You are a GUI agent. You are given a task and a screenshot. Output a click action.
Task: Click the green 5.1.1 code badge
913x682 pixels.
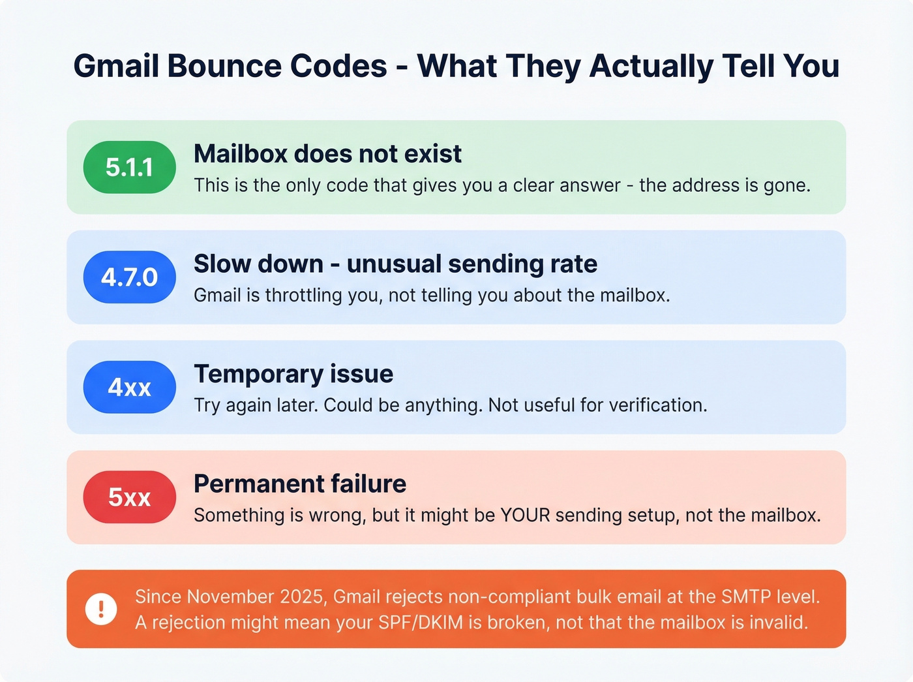pyautogui.click(x=129, y=167)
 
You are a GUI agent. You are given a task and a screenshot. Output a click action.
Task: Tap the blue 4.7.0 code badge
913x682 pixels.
pyautogui.click(x=129, y=277)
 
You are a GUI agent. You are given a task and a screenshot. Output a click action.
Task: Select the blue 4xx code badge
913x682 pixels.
pyautogui.click(x=129, y=387)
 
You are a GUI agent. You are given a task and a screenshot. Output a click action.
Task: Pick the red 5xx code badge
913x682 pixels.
pyautogui.click(x=129, y=497)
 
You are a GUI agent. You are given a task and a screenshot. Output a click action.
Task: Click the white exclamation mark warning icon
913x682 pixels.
pyautogui.click(x=101, y=609)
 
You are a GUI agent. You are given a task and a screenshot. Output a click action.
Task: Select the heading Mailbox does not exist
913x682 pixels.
pyautogui.click(x=327, y=154)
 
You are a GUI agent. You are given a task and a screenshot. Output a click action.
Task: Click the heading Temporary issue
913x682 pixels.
pyautogui.click(x=293, y=374)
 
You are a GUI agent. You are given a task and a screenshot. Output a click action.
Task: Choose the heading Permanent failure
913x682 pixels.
pyautogui.click(x=300, y=484)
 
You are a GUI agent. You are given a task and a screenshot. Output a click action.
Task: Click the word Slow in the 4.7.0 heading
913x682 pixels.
pyautogui.click(x=221, y=264)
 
